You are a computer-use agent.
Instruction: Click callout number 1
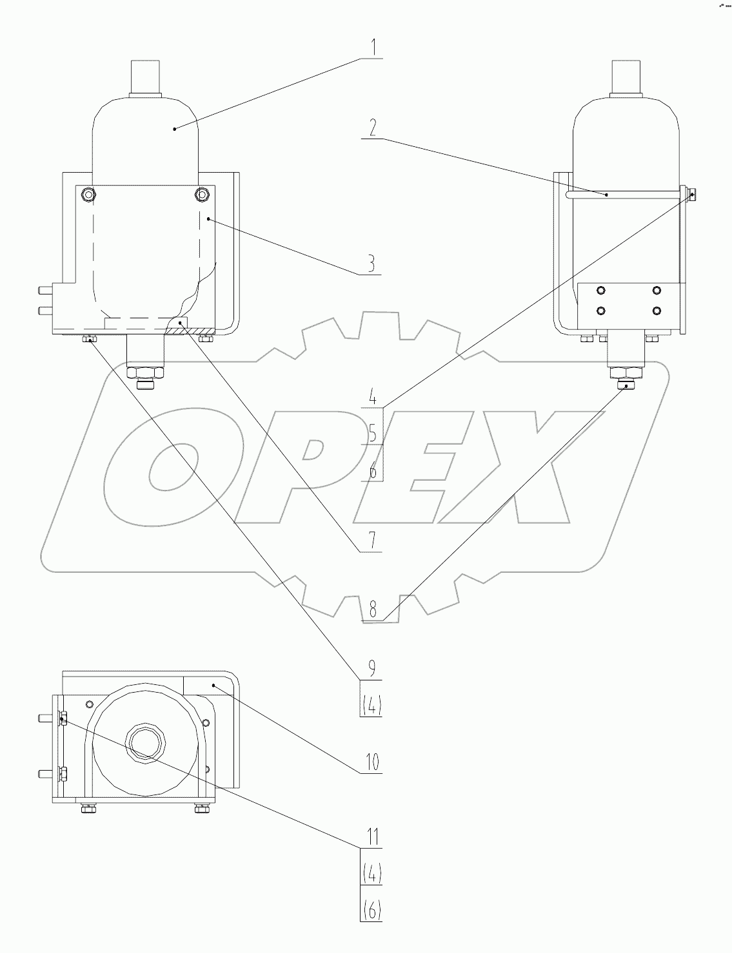click(371, 48)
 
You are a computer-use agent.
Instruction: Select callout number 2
click(371, 128)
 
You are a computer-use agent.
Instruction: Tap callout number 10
click(371, 763)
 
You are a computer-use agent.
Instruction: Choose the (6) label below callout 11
click(371, 910)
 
